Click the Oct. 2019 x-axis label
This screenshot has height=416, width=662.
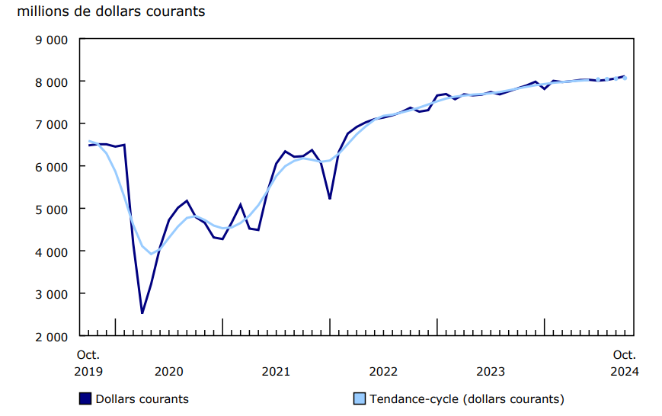[x=89, y=363]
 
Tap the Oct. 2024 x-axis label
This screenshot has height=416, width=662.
[x=625, y=363]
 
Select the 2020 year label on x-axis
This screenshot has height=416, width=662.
[x=169, y=371]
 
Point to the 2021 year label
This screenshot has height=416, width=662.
[x=276, y=371]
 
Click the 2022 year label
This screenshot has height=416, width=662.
[x=383, y=371]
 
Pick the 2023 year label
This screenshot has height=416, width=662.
[x=491, y=371]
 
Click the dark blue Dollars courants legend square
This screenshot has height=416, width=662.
[x=85, y=398]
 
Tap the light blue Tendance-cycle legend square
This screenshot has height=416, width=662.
[x=358, y=398]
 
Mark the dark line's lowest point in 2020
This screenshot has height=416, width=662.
[x=142, y=312]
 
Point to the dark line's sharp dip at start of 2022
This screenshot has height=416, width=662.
[x=330, y=198]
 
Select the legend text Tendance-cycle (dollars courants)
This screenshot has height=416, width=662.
[x=466, y=398]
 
